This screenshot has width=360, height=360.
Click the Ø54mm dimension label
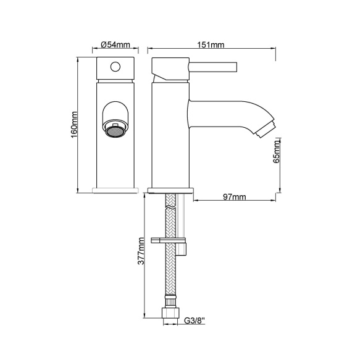[x=115, y=44]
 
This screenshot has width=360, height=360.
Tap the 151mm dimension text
[x=211, y=44]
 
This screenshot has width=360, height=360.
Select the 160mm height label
[x=74, y=125]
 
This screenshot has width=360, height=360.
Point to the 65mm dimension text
[x=277, y=152]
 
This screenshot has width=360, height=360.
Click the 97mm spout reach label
[x=235, y=197]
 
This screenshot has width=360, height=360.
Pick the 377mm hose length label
[x=141, y=251]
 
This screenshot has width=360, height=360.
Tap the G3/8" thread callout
[x=195, y=320]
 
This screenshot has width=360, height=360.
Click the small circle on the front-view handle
[x=115, y=67]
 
